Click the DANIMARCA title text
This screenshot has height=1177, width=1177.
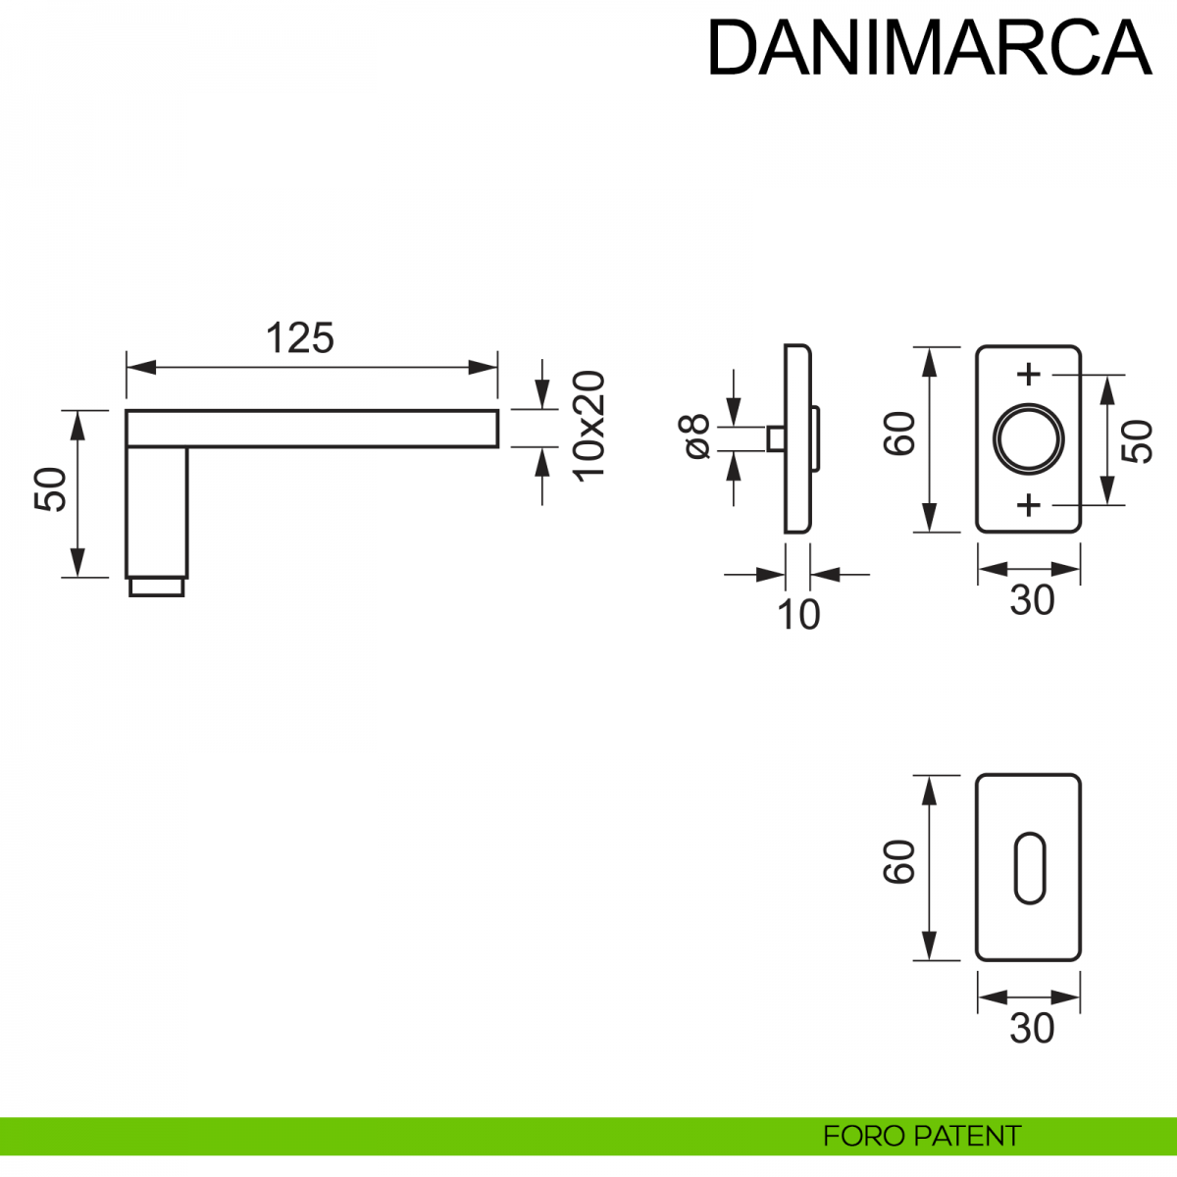[x=928, y=48]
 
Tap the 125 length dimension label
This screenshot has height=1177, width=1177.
[x=300, y=338]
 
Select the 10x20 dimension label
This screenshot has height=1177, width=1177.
[x=589, y=427]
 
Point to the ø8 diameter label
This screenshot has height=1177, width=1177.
[x=695, y=436]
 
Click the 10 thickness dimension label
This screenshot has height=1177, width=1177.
[x=797, y=615]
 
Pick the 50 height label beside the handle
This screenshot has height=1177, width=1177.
[x=51, y=489]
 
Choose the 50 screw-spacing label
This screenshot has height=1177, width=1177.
[x=1138, y=441]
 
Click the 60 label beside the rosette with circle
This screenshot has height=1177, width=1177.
[x=899, y=434]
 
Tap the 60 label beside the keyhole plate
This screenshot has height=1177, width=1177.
[x=899, y=862]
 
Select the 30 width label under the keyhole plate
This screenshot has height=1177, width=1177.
[x=1032, y=1029]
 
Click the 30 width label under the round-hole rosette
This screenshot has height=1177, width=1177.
[x=1032, y=600]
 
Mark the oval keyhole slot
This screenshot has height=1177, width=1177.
[x=1028, y=867]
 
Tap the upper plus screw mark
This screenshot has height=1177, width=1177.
[x=1028, y=374]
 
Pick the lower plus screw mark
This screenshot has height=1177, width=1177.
[x=1028, y=505]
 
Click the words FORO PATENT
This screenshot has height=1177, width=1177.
[x=921, y=1137]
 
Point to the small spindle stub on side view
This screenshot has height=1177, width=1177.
[x=775, y=438]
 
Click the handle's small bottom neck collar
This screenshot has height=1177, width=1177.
[x=157, y=587]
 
